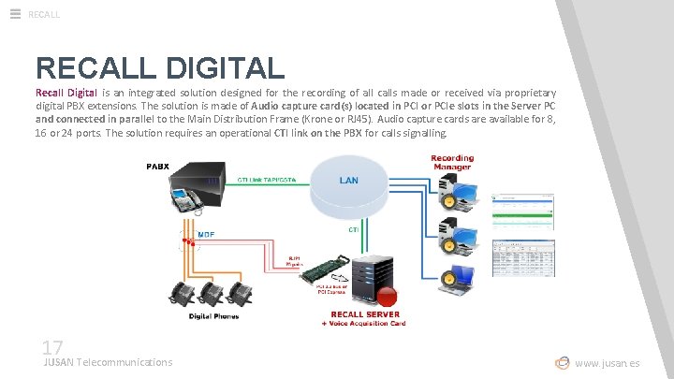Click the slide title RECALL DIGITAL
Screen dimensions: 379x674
pos(160,67)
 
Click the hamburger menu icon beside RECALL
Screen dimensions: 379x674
pos(15,13)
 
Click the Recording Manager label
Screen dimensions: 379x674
pos(451,164)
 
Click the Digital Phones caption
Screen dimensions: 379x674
pos(212,316)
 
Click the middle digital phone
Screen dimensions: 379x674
pos(211,293)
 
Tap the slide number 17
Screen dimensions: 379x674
pos(52,346)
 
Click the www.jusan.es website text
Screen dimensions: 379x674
pos(608,363)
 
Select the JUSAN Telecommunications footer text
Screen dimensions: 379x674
pos(108,362)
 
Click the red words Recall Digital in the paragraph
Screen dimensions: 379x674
pos(66,93)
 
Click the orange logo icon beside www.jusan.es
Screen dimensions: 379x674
pos(562,362)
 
